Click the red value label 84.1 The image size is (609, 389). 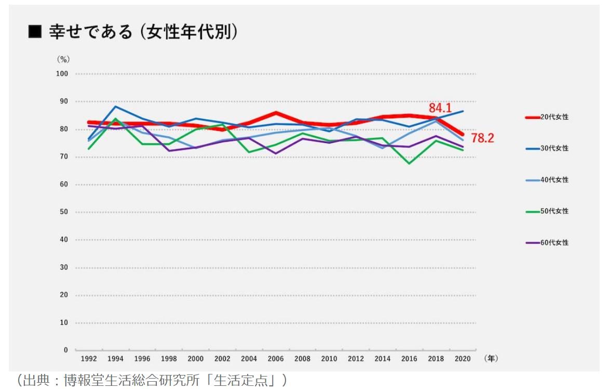pyautogui.click(x=440, y=109)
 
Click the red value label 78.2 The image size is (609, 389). pyautogui.click(x=482, y=138)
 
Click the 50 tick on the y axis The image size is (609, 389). pyautogui.click(x=64, y=212)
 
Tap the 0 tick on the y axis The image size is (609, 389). pyautogui.click(x=66, y=350)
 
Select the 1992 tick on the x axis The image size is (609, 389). pyautogui.click(x=88, y=358)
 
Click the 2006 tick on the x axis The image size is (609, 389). pyautogui.click(x=276, y=358)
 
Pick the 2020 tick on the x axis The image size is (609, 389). pyautogui.click(x=463, y=358)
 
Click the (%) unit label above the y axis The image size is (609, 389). pyautogui.click(x=63, y=59)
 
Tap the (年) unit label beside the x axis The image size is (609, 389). pyautogui.click(x=491, y=358)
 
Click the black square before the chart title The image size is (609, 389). pyautogui.click(x=35, y=32)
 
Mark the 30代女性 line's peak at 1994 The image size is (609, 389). pyautogui.click(x=115, y=106)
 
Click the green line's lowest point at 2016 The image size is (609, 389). pyautogui.click(x=410, y=164)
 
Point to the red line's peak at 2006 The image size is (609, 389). pyautogui.click(x=276, y=113)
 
